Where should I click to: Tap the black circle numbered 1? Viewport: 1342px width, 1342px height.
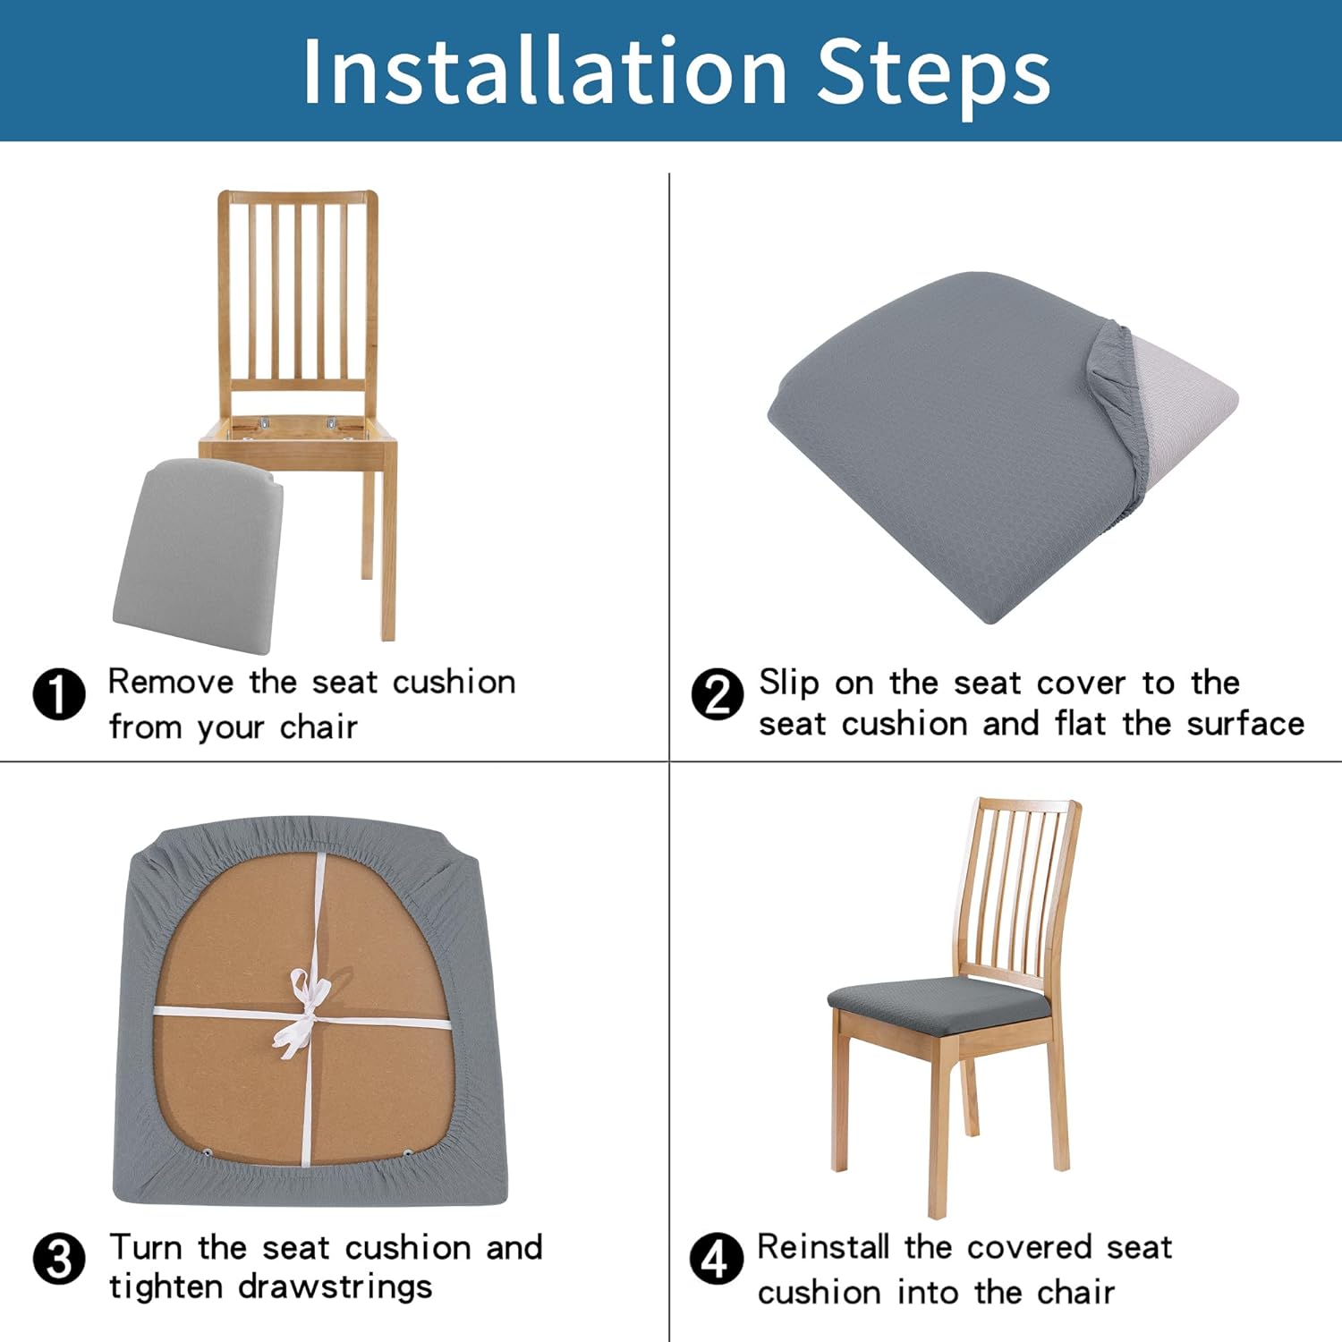tap(59, 694)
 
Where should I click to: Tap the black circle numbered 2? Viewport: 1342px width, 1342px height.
tap(718, 694)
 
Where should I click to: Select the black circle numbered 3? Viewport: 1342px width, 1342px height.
tap(59, 1259)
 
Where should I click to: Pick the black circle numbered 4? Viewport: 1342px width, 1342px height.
tap(717, 1259)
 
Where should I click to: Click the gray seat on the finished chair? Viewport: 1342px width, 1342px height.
tap(939, 1006)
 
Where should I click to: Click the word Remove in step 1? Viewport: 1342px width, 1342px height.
tap(171, 682)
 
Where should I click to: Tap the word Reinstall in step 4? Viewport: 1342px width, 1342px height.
tap(823, 1246)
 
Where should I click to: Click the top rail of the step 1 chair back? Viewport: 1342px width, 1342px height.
tap(298, 197)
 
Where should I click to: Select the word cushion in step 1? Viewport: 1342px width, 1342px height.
tap(454, 682)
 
